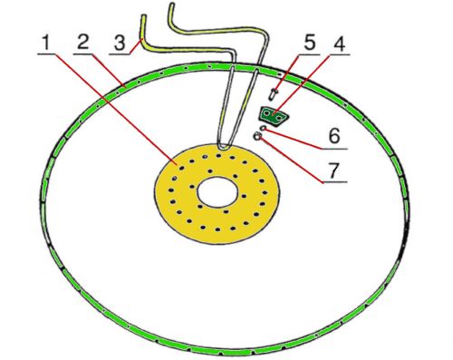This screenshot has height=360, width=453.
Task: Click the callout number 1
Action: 46,43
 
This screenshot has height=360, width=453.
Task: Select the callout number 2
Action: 83,42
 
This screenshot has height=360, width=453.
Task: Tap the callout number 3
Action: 120,43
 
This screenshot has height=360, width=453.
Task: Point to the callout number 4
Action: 339,44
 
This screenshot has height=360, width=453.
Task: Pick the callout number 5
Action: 309,43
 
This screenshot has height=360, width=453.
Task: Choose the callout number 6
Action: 334,136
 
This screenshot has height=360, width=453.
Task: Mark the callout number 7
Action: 333,170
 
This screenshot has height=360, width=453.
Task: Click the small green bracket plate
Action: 274,116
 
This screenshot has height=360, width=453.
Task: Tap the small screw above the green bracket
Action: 273,93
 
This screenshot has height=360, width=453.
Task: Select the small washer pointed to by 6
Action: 264,128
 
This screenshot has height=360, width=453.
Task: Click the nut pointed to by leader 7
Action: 257,136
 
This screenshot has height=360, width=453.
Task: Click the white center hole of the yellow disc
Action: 217,192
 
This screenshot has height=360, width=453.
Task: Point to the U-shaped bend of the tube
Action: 225,147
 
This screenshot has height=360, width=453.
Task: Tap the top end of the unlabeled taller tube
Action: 171,5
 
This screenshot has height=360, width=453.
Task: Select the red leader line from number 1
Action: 115,109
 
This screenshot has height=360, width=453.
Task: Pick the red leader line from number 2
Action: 109,71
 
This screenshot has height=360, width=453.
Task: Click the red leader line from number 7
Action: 290,161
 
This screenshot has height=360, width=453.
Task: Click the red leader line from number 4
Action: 305,84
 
